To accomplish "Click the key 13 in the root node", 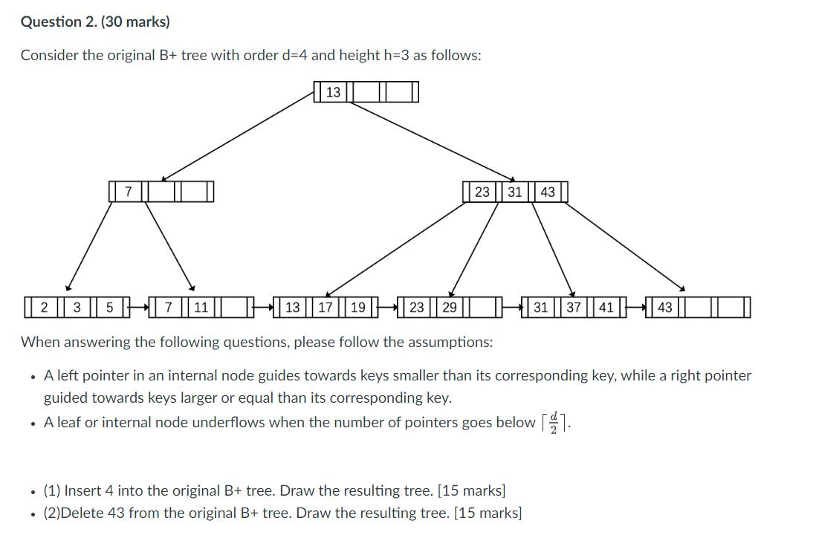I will [334, 92].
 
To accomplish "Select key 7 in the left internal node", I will [128, 192].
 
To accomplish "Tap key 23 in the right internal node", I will [482, 192].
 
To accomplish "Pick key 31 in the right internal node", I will [515, 192].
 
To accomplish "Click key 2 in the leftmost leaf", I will [44, 307].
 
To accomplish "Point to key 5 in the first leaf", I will [109, 307].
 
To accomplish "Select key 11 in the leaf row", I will [201, 307].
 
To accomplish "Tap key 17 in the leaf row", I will [326, 307].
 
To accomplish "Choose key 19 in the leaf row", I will [358, 307].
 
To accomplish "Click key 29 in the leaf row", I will [450, 307].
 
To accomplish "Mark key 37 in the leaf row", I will [574, 307].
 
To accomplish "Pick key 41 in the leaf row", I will [606, 307].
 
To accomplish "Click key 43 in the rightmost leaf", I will [665, 307].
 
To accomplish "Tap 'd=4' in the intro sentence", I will [293, 56].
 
